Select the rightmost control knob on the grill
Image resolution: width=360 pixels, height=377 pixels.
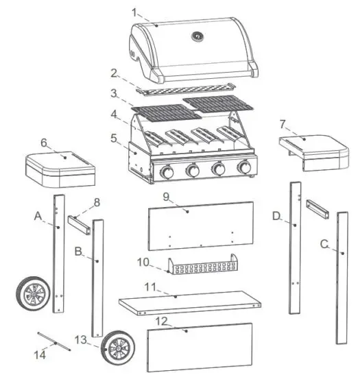coord(244,169)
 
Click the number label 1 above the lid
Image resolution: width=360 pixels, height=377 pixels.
coord(135,12)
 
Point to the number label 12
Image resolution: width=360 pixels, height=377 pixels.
coord(160,320)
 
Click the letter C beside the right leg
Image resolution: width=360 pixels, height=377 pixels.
coord(323,243)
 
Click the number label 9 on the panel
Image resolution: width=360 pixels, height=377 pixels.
coord(165,197)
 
